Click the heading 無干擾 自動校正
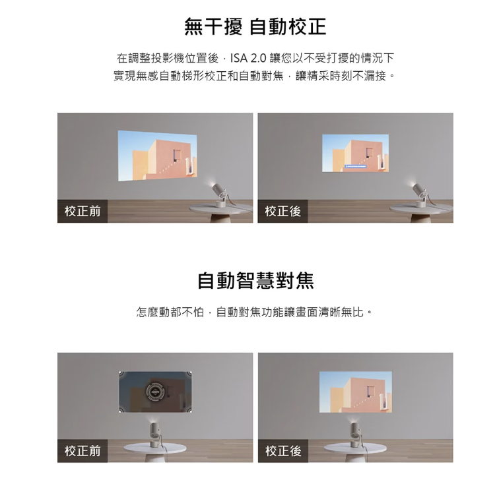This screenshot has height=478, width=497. coord(255,26)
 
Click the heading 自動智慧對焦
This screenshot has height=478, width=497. coord(255,280)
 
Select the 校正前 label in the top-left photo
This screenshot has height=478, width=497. coord(83,211)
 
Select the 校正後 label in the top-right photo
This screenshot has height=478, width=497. coord(282,211)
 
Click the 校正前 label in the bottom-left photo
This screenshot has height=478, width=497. coord(83,451)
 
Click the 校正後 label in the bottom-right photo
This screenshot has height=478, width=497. coord(282,451)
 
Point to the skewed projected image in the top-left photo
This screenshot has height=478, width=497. coord(158,156)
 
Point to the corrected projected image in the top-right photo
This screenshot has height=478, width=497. coord(355,153)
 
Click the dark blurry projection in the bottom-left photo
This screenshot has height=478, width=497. coord(155,392)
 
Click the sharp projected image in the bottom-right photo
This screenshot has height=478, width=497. coord(356,392)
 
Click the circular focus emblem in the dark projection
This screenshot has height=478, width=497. coord(155,392)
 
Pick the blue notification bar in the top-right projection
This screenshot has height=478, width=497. coord(355,166)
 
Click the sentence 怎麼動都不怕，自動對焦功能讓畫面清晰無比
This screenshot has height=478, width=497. coord(255,313)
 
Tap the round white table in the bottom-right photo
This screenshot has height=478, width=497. coord(355,449)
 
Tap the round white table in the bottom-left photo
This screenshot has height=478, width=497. coord(154,449)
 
